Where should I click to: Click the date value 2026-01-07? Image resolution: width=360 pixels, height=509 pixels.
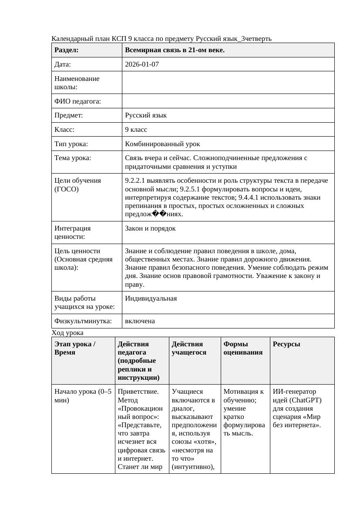click(x=141, y=64)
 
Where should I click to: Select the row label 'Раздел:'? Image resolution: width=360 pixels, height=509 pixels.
click(x=66, y=50)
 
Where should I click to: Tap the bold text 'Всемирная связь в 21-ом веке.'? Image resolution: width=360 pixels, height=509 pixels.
click(x=175, y=50)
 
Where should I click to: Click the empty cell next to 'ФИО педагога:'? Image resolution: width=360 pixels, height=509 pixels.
click(x=228, y=101)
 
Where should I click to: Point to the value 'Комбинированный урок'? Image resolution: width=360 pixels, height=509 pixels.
click(x=162, y=144)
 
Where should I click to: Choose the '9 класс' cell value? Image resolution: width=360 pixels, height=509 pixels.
click(x=136, y=130)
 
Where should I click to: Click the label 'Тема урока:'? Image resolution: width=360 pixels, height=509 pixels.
click(x=73, y=158)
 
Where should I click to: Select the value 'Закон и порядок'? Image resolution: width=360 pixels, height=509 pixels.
click(x=150, y=228)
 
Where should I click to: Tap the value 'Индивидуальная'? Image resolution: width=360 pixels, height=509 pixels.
click(x=151, y=298)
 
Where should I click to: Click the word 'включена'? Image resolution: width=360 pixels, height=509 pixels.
click(x=140, y=321)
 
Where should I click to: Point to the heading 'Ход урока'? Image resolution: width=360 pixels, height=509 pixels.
click(x=67, y=333)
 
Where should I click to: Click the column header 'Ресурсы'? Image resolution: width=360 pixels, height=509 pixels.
click(x=286, y=344)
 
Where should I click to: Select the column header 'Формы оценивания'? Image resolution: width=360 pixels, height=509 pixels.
click(x=243, y=348)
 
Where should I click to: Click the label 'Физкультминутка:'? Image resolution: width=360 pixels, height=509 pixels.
click(x=83, y=321)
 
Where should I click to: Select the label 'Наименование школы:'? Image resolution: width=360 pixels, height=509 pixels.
click(x=77, y=83)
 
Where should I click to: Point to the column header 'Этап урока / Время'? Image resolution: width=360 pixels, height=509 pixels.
click(x=75, y=348)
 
